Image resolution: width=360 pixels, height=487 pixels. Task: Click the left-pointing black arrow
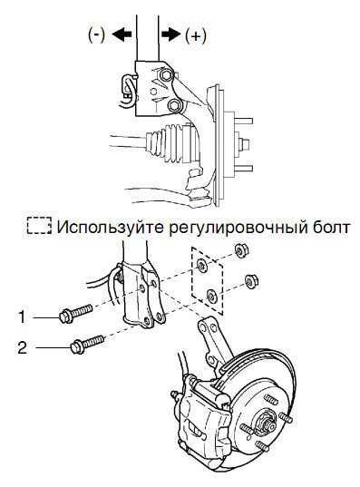coord(122,34)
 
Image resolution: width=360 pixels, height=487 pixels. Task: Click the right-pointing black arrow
coord(171,34)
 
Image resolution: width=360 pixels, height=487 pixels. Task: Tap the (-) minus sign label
coord(96,34)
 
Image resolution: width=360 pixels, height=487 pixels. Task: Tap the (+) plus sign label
coord(195,35)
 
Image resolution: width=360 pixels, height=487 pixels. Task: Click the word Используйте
coord(111,228)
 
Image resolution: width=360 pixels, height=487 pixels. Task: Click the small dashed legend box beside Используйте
coord(39,225)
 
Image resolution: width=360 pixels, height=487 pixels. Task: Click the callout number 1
coord(22,317)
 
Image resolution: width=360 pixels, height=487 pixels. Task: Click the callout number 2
coord(22,347)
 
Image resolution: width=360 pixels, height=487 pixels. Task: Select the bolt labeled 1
coord(75,313)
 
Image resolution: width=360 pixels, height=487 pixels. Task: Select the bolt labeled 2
coord(87,343)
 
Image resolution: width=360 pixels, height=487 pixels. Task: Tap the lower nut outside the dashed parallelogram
coord(252,281)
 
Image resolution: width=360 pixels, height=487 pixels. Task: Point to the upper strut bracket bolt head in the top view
coord(165,74)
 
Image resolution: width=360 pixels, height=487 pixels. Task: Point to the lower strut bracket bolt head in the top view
coord(174,105)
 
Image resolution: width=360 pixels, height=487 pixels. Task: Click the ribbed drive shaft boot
coord(171,143)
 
